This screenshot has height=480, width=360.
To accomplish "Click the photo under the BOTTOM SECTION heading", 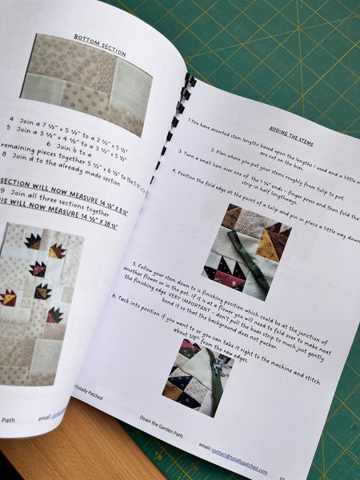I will [x=86, y=85].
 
